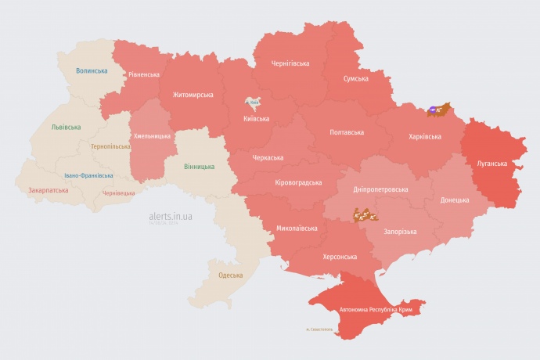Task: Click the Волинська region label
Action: click(x=92, y=70)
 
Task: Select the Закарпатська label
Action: click(x=48, y=190)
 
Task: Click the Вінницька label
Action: click(x=199, y=167)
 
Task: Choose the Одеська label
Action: click(x=230, y=275)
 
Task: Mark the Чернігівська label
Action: click(x=290, y=63)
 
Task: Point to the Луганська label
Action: click(x=492, y=164)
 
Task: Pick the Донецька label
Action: click(x=455, y=200)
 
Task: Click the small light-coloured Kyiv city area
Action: click(x=253, y=103)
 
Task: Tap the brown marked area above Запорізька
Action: click(x=365, y=213)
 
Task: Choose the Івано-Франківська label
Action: click(x=88, y=175)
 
